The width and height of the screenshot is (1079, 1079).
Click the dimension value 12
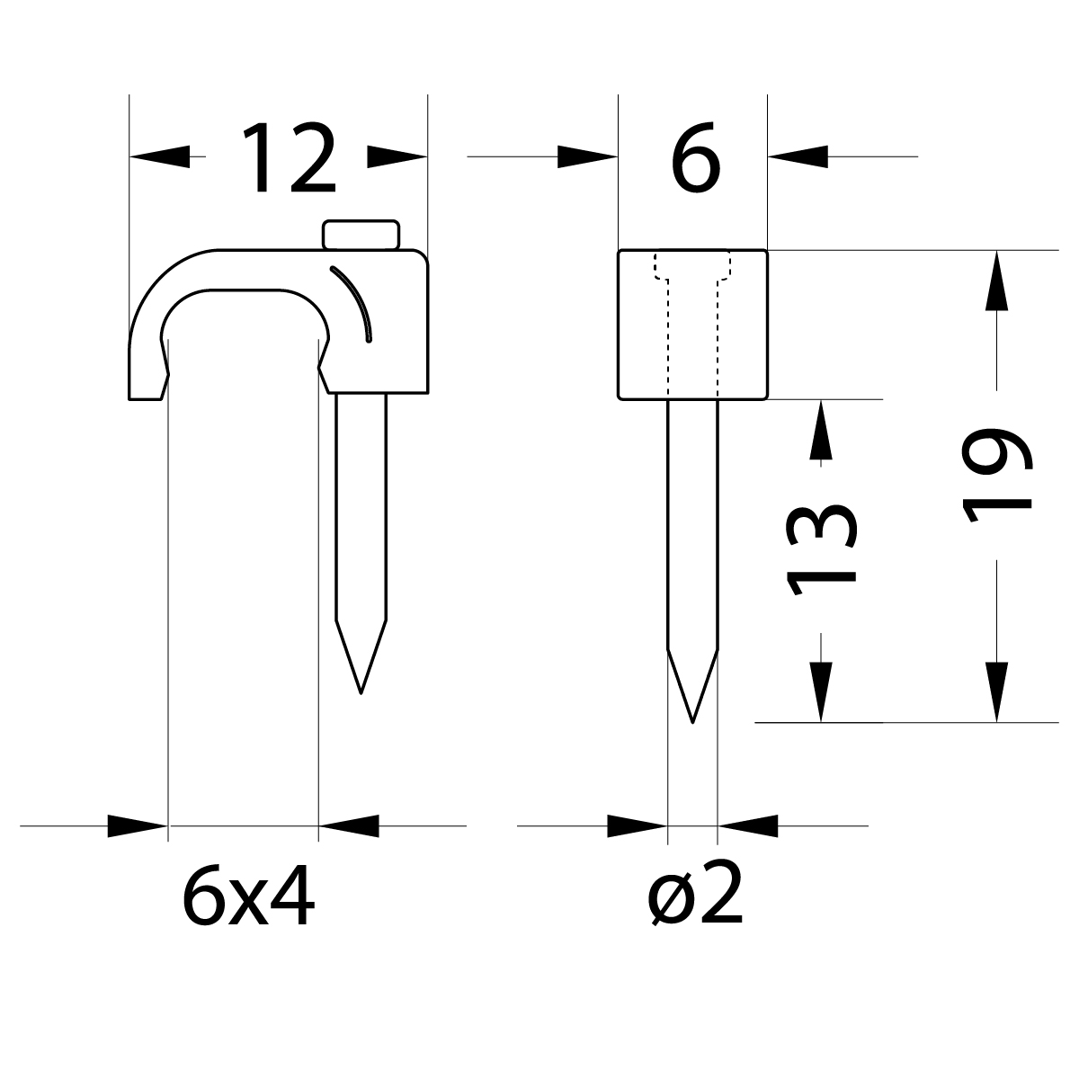point(290,160)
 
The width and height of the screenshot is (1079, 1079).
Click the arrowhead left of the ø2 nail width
point(638,825)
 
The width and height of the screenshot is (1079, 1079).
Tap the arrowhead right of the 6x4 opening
point(349,825)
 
